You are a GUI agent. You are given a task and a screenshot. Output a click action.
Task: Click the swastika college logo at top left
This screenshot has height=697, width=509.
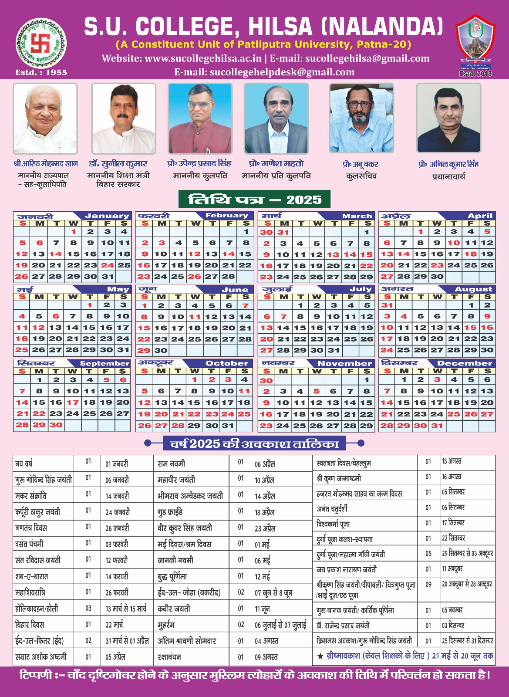click(41, 42)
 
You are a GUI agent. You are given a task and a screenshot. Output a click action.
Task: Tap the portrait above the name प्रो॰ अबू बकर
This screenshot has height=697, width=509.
click(361, 118)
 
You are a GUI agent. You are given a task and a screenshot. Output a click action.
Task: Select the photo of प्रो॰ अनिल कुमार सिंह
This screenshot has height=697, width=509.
click(448, 118)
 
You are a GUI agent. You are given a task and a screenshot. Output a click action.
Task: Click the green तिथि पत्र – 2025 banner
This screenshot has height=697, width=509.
click(254, 200)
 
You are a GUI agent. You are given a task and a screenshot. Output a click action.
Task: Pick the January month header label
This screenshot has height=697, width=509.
click(107, 216)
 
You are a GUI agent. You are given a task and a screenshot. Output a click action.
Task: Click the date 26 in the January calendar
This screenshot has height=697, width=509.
click(22, 276)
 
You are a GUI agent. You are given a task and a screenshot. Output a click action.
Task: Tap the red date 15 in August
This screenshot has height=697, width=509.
click(470, 328)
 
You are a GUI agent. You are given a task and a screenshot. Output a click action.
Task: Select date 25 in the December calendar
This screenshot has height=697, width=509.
click(454, 414)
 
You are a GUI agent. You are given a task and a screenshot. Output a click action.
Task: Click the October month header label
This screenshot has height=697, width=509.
click(226, 363)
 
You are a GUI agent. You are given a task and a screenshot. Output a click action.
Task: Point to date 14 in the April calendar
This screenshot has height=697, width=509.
click(404, 254)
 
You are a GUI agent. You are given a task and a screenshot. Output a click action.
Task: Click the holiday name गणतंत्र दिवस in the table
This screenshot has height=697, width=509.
click(31, 528)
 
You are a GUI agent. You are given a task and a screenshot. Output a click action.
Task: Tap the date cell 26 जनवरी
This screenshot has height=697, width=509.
click(117, 528)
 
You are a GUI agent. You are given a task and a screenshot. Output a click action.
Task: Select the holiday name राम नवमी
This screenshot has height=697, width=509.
click(171, 464)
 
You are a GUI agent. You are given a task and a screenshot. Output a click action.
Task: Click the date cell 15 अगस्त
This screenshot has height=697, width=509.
click(452, 461)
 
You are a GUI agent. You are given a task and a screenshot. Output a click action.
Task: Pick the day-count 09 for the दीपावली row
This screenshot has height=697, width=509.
click(428, 585)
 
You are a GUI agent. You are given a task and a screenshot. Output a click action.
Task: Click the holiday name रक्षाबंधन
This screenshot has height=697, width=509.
click(169, 657)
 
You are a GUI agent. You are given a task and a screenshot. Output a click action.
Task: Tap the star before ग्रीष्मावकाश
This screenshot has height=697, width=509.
click(320, 656)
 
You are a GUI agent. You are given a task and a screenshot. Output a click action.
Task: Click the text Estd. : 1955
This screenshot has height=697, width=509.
click(41, 72)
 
